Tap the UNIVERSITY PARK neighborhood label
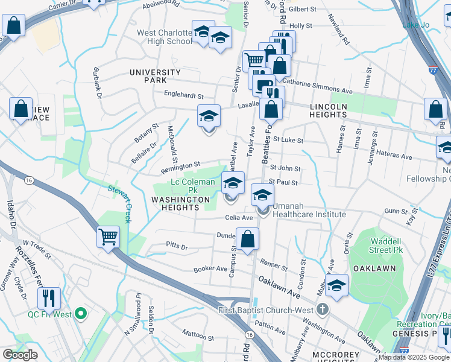click(x=156, y=72)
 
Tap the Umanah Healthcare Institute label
click(x=309, y=214)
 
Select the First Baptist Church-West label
click(x=266, y=310)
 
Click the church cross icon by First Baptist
click(x=323, y=310)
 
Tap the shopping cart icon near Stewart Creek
click(x=108, y=237)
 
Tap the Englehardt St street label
click(x=184, y=95)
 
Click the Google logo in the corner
click(x=20, y=355)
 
